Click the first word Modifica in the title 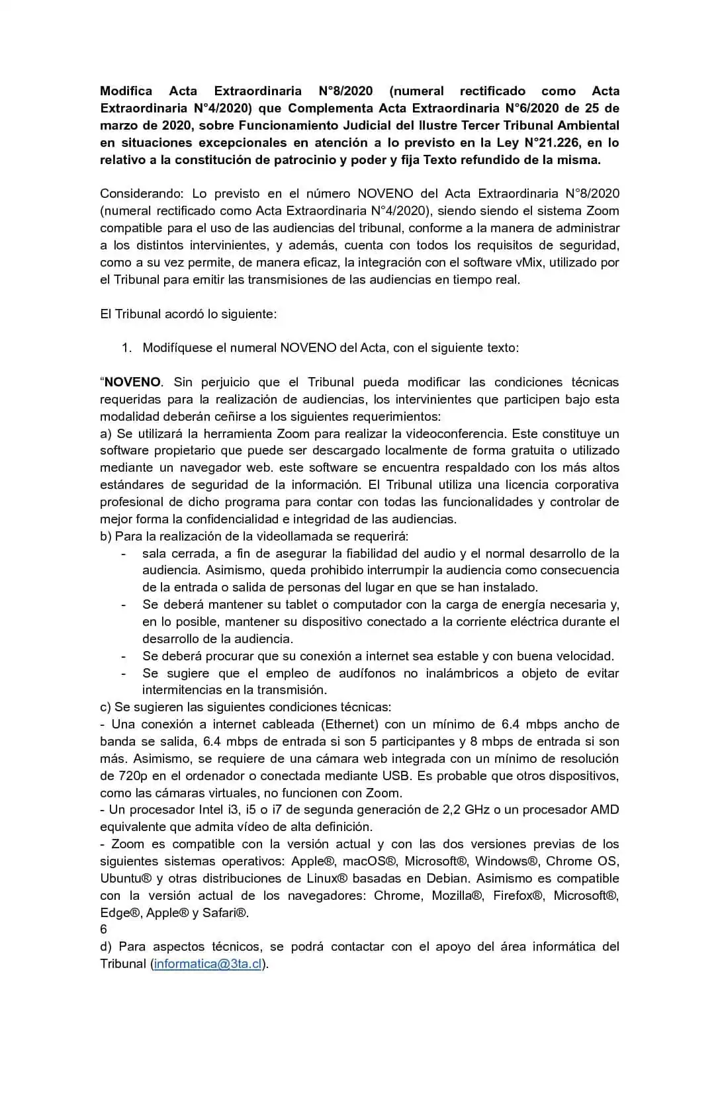pos(126,91)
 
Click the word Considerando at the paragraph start pos(142,193)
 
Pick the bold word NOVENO pos(132,382)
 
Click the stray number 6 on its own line pos(103,930)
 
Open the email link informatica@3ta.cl pos(208,964)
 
